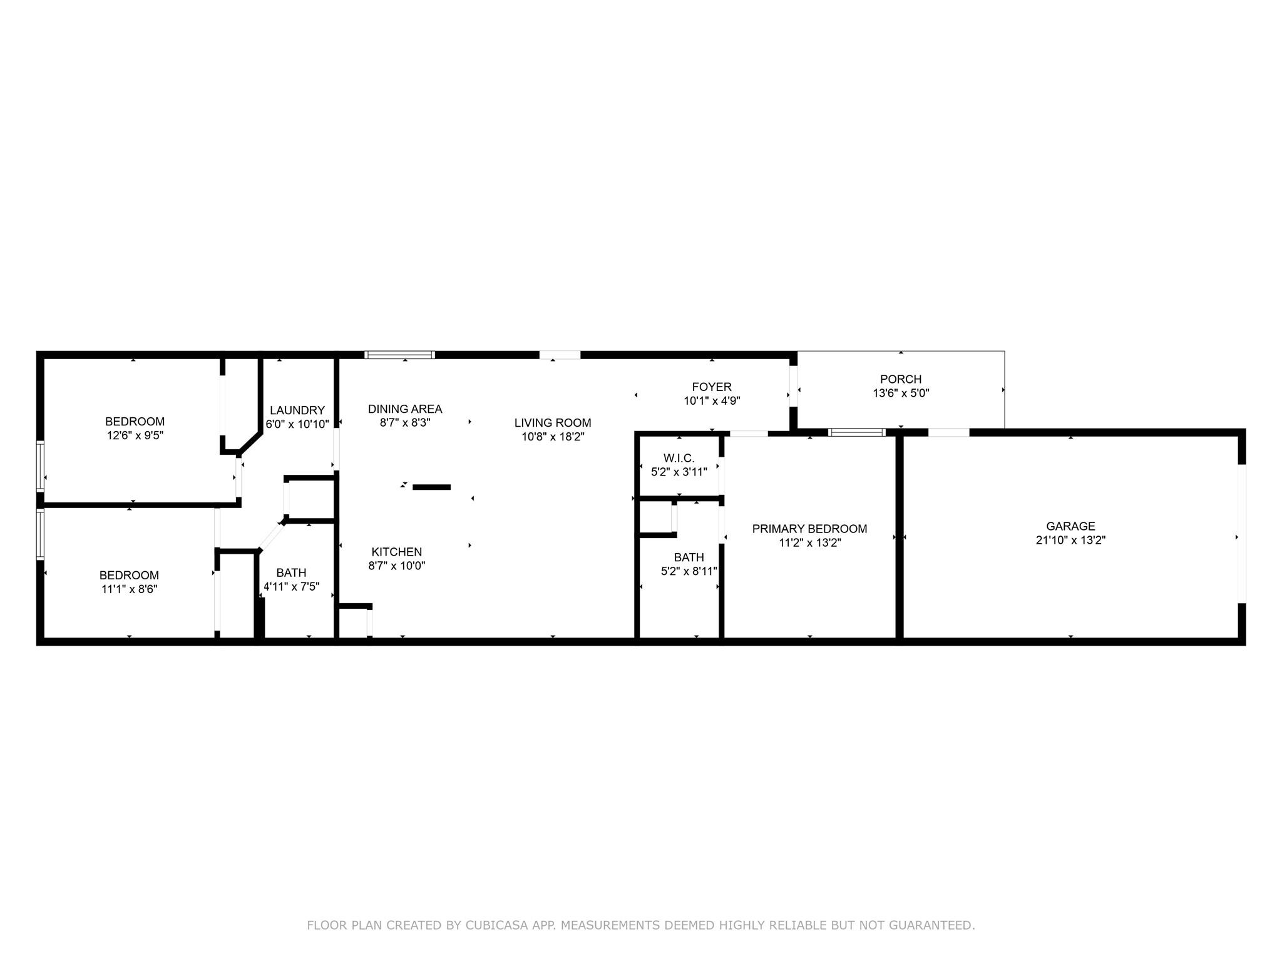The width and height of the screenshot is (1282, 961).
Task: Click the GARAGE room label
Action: [1070, 526]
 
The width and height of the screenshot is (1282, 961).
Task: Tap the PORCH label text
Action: [901, 379]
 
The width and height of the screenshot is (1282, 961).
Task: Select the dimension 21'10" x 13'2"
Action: [1070, 541]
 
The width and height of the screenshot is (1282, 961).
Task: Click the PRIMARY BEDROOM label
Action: [809, 529]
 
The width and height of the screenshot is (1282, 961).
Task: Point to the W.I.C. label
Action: [679, 458]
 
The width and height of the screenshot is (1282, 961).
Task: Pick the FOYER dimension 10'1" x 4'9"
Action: [712, 401]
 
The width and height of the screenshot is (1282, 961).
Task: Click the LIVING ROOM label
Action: [553, 423]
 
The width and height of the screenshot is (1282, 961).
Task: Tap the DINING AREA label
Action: [405, 409]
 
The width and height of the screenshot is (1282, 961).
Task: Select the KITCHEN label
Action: [397, 552]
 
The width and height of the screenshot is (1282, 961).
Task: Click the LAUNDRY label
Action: [297, 410]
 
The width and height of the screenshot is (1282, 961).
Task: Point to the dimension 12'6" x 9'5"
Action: [135, 435]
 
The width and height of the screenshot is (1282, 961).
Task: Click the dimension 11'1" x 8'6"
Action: [129, 589]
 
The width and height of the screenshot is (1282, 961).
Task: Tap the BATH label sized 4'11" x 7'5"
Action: [291, 572]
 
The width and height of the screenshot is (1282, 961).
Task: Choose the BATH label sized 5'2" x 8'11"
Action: [689, 557]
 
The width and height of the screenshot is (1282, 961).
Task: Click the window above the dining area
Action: [399, 355]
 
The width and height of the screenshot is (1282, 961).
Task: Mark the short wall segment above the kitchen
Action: [431, 487]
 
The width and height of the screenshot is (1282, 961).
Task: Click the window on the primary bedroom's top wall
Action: [856, 432]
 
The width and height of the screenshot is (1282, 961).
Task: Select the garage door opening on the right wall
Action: [1242, 533]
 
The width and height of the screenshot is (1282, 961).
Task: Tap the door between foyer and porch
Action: [793, 386]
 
